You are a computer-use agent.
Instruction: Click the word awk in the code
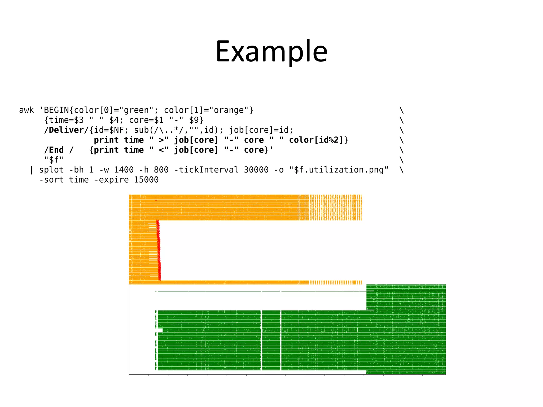[27, 110]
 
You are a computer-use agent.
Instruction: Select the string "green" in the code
[137, 110]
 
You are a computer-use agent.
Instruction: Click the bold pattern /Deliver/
[67, 130]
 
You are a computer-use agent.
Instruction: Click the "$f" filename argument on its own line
[54, 160]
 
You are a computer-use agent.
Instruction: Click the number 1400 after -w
[124, 170]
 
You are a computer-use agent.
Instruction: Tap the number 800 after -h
[161, 170]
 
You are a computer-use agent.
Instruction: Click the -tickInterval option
[207, 170]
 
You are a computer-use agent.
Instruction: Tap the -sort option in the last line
[51, 180]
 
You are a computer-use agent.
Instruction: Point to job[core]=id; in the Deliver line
[261, 130]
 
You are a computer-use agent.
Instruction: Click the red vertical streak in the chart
[159, 249]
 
